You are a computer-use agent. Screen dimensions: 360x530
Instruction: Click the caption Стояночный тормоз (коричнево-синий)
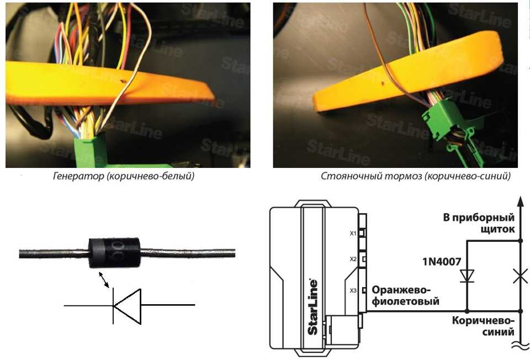pos(416,177)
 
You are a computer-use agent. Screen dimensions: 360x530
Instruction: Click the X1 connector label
pos(353,233)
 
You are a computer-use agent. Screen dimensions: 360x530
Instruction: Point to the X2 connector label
pos(353,259)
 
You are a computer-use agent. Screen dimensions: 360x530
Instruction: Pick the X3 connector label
pos(353,290)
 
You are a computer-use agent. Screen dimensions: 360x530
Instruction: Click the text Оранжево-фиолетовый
pos(406,296)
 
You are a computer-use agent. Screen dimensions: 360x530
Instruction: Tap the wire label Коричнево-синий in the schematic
pos(483,326)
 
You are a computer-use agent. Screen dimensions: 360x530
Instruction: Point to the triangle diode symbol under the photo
pos(126,305)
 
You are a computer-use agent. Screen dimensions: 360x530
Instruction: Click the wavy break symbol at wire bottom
pos(520,347)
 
